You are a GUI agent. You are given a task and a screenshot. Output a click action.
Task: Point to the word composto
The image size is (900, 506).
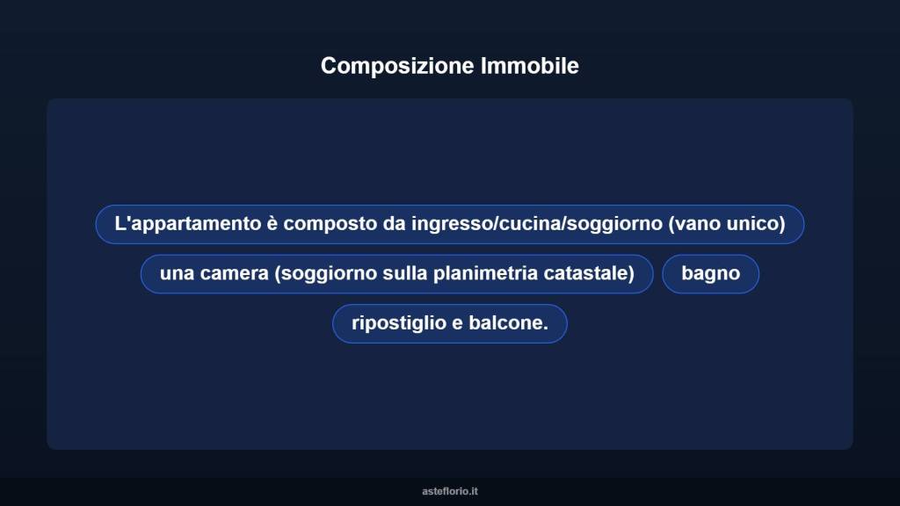330,224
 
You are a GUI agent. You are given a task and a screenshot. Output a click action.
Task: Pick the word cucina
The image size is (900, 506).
531,224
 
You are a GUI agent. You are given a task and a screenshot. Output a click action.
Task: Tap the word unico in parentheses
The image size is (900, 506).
757,224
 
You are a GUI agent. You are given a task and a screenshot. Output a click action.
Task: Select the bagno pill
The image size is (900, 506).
710,273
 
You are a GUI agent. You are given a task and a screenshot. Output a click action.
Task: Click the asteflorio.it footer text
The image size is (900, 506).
450,491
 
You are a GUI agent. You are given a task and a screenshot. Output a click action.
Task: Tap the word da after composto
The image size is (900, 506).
393,224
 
